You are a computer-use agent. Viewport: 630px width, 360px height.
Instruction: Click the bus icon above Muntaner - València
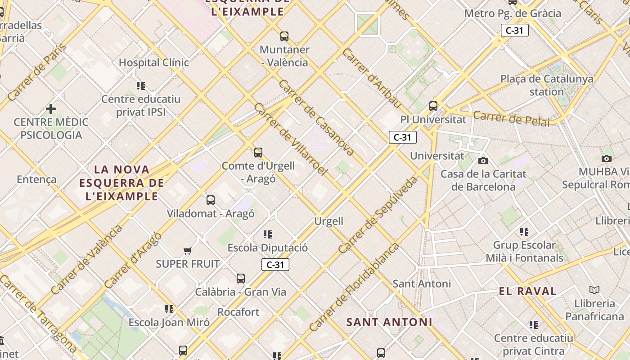284,36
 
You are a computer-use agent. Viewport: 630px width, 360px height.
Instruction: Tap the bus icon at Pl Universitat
433,106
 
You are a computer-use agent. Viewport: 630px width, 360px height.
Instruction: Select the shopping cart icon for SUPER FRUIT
188,251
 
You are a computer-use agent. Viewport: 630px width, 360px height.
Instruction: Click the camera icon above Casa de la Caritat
483,161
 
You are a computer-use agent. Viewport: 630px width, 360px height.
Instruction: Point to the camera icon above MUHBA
607,158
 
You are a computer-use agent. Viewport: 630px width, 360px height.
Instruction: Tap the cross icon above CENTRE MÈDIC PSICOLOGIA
51,109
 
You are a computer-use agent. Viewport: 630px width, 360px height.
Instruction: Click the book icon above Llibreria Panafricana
594,290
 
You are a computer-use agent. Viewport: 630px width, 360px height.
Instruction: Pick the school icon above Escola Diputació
268,234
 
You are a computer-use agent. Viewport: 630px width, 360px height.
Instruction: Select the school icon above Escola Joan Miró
169,309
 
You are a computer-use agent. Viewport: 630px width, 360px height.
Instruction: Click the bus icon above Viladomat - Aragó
211,200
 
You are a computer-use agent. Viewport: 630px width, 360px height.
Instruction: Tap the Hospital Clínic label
154,63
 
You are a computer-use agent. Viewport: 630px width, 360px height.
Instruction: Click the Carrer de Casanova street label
316,118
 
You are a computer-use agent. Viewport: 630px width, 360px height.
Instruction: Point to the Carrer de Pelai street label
511,118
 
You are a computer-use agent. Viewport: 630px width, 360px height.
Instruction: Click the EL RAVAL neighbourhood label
528,291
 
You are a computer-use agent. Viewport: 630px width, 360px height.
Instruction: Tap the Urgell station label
328,221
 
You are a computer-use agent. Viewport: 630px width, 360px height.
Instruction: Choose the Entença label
37,180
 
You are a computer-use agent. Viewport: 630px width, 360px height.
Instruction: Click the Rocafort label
238,312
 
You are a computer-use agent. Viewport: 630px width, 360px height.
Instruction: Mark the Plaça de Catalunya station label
547,85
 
